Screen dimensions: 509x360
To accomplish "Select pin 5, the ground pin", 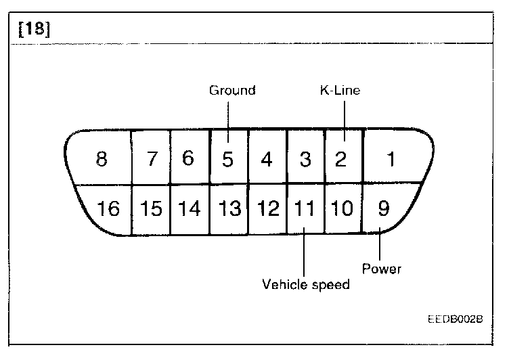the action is tap(228, 160).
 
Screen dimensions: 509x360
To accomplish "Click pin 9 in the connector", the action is tap(383, 208).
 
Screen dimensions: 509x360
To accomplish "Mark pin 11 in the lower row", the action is tap(305, 208).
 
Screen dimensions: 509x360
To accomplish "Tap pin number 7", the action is tap(152, 160).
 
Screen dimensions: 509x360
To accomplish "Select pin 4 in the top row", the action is tap(267, 160).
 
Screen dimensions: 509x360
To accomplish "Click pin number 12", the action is tap(268, 208).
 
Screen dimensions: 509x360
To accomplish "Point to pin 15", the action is tap(152, 208).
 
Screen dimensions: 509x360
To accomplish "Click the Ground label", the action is tap(231, 90).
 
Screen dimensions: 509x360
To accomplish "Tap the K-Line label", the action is tap(339, 90).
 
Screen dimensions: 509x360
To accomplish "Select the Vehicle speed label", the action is tap(306, 284).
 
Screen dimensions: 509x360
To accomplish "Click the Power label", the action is tap(381, 269).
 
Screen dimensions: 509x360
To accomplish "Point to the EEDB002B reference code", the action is tap(455, 318).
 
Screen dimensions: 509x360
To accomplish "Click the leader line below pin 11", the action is tap(305, 254).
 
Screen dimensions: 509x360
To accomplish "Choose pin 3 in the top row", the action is tap(305, 160).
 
